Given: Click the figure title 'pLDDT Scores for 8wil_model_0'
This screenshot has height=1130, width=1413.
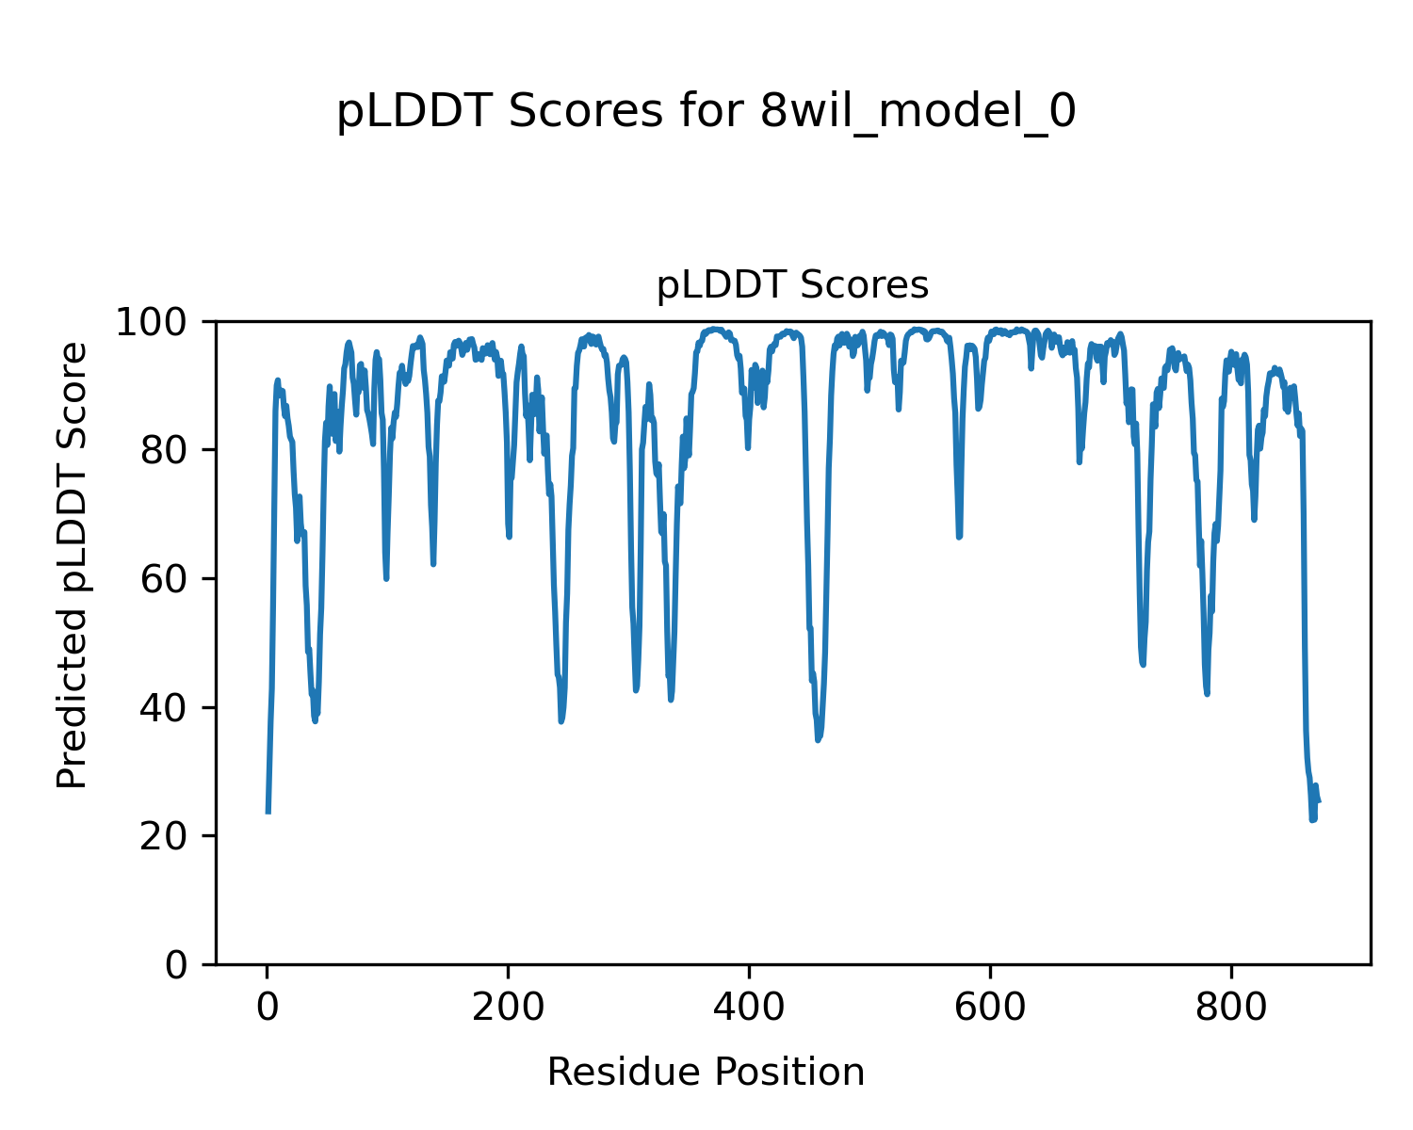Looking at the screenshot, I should [x=706, y=113].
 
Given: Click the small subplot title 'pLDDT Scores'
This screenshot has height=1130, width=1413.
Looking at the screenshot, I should [x=792, y=285].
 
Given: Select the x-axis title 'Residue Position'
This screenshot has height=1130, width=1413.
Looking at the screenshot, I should [x=706, y=1072].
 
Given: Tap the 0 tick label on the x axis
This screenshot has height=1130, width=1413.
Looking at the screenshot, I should [x=268, y=1008].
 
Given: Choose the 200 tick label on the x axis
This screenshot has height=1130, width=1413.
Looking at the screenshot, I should [x=508, y=1008].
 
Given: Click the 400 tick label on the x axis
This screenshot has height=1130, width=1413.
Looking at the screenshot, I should [x=749, y=1008].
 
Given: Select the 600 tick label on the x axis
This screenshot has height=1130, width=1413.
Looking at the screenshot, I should [x=990, y=1008].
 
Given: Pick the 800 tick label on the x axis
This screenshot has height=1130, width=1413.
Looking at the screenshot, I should [x=1231, y=1008].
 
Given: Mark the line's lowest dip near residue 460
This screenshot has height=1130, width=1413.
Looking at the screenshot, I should [x=819, y=739].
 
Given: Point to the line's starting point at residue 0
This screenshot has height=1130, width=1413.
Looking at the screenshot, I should [x=268, y=812].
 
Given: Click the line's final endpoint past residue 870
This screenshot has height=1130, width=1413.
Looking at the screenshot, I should [x=1319, y=801].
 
